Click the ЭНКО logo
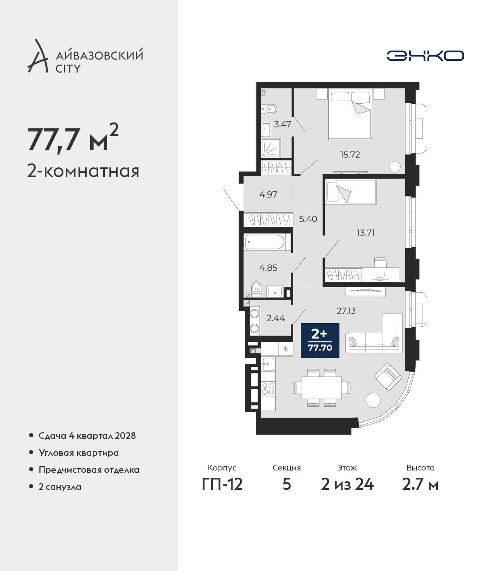(425, 56)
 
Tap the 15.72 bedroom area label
(350, 155)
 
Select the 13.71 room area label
(365, 233)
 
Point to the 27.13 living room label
(346, 311)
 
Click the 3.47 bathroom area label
(282, 124)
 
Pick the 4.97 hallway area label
(268, 194)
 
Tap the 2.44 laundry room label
(276, 318)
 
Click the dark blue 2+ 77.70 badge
(320, 340)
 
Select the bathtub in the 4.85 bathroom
(265, 242)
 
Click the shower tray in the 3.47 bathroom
(271, 148)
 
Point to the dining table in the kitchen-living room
(321, 388)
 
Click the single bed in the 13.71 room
(351, 192)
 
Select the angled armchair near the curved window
(388, 377)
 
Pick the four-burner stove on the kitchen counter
(268, 389)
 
